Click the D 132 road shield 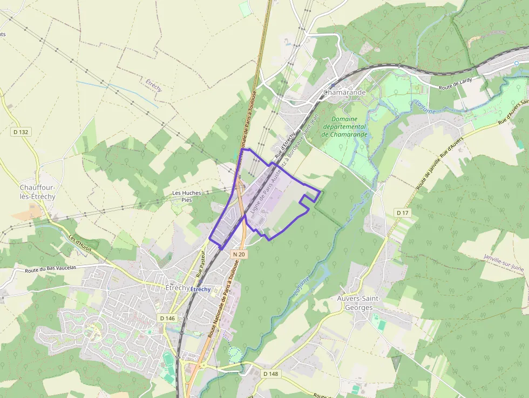(21, 132)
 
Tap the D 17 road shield (403, 213)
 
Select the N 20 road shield (240, 254)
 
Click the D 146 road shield (168, 318)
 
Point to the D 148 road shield (270, 374)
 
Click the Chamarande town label (344, 92)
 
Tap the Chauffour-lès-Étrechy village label (37, 192)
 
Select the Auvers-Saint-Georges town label (359, 302)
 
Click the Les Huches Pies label (186, 196)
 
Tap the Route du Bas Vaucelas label (51, 268)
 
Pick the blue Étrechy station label (200, 289)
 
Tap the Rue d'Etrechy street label (285, 145)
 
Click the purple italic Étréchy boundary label (154, 85)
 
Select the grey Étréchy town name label (177, 288)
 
